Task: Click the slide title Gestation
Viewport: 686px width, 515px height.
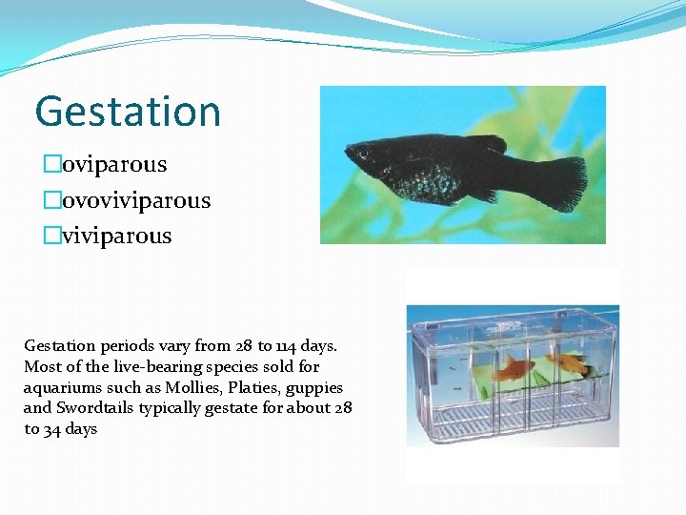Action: pyautogui.click(x=128, y=111)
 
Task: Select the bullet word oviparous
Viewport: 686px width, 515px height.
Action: pyautogui.click(x=114, y=164)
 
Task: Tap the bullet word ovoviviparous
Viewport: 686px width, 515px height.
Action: pyautogui.click(x=136, y=200)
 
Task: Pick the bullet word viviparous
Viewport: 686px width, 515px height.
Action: pyautogui.click(x=117, y=236)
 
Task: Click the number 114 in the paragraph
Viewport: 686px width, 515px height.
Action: pyautogui.click(x=286, y=345)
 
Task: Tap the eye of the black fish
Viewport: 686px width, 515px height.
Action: pyautogui.click(x=363, y=153)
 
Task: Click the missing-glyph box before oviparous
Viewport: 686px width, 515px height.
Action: pyautogui.click(x=50, y=165)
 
